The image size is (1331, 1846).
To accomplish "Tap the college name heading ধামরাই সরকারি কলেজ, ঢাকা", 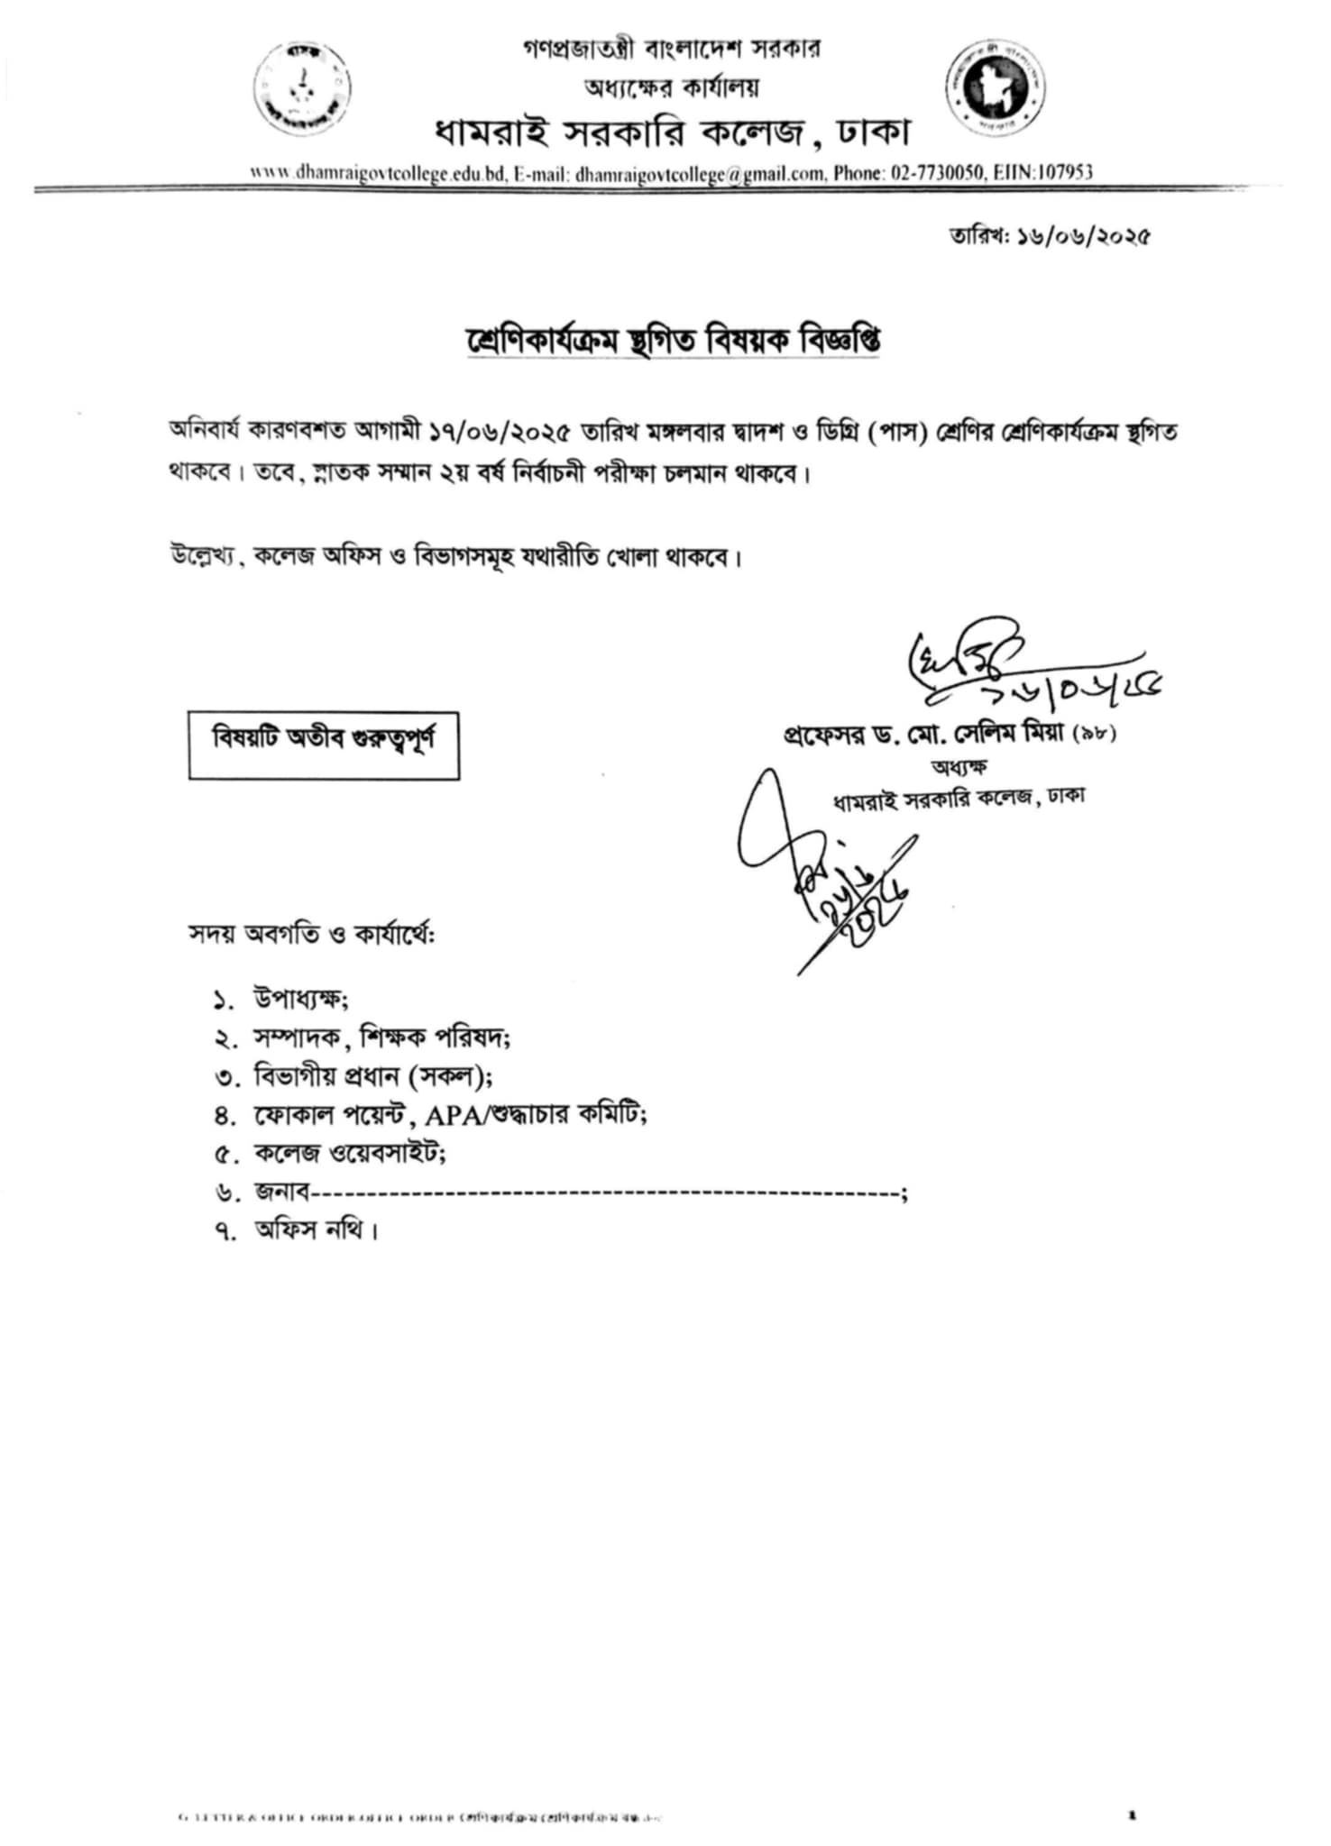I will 672,133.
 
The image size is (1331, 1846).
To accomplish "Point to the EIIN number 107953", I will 1065,172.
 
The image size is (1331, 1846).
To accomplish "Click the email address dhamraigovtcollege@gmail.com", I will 700,174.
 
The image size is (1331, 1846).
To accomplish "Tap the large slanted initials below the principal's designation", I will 825,865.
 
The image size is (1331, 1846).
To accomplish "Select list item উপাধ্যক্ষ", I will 301,999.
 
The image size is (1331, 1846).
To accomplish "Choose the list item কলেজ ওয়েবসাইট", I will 350,1153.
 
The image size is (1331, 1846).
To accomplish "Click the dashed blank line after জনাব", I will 604,1194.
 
